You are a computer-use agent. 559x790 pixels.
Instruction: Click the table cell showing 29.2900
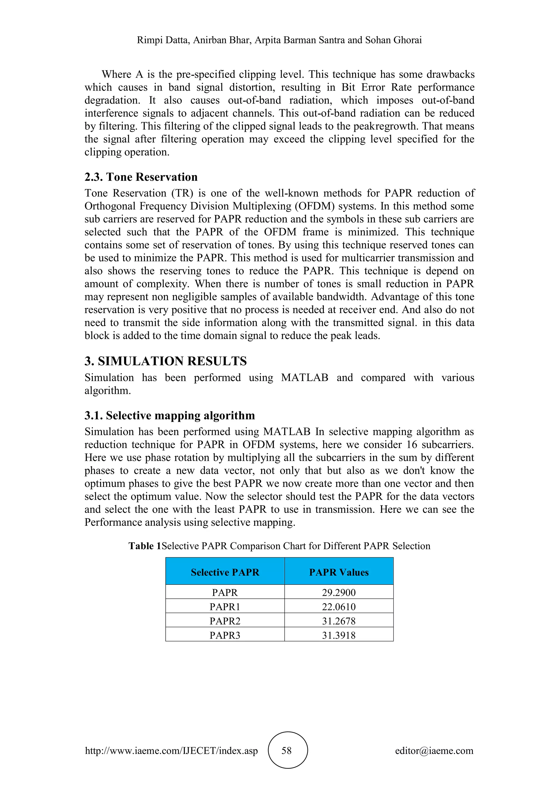(339, 592)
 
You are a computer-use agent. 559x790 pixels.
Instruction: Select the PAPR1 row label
(225, 607)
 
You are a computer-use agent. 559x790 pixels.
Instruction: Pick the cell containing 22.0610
(339, 607)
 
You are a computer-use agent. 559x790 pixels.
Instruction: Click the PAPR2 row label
(225, 621)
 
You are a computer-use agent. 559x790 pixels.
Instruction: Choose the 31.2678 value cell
(339, 621)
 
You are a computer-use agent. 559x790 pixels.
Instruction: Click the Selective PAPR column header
(225, 572)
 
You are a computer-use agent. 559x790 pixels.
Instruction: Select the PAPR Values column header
(339, 572)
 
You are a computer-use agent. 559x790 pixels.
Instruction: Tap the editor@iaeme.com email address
(434, 750)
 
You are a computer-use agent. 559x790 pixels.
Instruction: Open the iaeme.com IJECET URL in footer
(171, 750)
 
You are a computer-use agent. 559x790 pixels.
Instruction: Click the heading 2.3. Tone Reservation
(141, 177)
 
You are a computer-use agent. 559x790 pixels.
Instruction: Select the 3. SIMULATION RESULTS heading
(166, 361)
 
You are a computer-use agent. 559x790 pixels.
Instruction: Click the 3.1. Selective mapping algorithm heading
(170, 415)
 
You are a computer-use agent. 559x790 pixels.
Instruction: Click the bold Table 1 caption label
(145, 546)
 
